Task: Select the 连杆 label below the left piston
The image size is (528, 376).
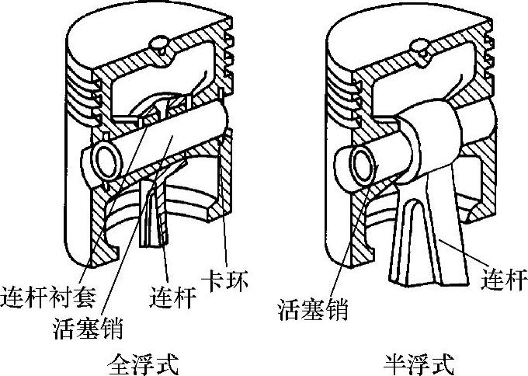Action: point(168,296)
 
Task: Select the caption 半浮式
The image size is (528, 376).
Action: point(419,363)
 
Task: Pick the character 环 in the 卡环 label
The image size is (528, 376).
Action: point(239,280)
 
